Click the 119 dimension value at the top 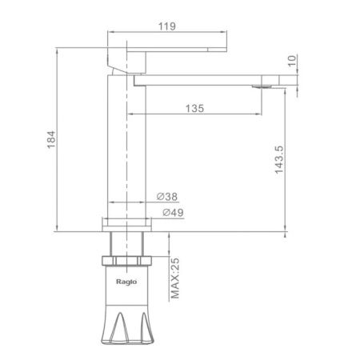[x=167, y=26]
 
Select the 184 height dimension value [x=51, y=139]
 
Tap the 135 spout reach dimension [x=194, y=108]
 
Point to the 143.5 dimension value [x=279, y=160]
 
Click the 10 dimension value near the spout [x=292, y=61]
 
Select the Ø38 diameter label [x=167, y=197]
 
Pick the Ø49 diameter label [x=173, y=213]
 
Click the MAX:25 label [x=175, y=278]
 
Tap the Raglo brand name [x=126, y=282]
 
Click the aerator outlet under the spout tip [x=262, y=86]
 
